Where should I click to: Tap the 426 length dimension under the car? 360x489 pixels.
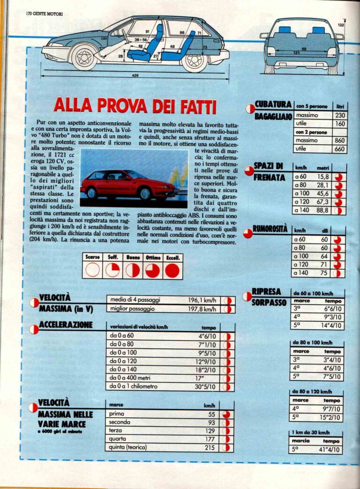pos(135,75)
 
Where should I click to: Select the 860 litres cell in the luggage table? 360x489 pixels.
pos(340,140)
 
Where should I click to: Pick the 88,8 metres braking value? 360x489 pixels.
pos(323,210)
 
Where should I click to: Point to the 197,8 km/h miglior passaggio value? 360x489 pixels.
pos(202,309)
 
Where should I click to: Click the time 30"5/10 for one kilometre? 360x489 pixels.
pos(205,387)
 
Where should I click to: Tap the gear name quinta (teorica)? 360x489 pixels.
pos(127,447)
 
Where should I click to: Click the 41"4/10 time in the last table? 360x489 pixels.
pos(331,450)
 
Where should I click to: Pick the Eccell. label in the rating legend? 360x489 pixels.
pos(172,258)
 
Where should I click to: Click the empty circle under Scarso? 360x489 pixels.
pos(92,270)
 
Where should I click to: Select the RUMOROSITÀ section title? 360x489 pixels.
pos(270,229)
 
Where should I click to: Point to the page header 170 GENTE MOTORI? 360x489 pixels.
pos(45,14)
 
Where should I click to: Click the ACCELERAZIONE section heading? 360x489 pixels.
pos(66,325)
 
